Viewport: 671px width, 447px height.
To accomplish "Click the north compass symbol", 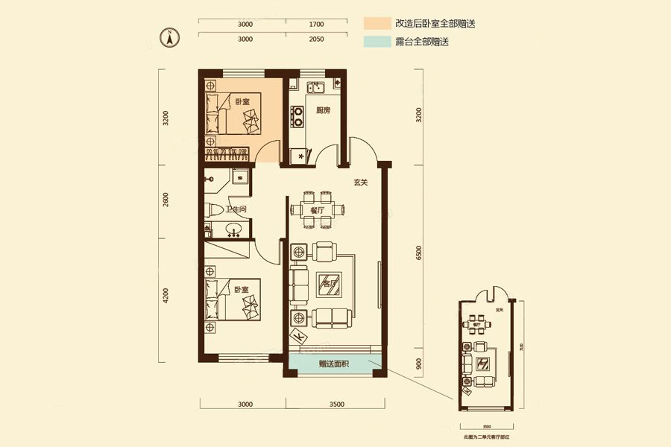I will pos(170,36).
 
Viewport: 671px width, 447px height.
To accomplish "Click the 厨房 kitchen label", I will pos(323,111).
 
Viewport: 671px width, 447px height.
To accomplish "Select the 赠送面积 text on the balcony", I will pos(334,364).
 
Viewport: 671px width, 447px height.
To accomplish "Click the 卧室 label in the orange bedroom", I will pos(242,101).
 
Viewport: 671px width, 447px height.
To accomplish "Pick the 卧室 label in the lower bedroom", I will pos(241,289).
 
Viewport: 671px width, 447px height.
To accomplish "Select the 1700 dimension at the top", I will pos(315,24).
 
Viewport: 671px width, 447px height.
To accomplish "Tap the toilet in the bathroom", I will pos(213,211).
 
